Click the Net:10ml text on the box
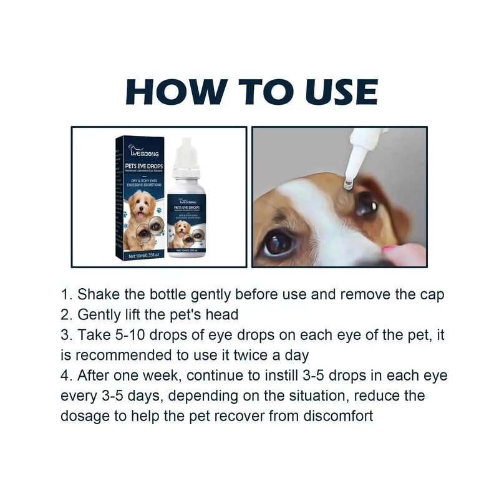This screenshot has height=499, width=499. point(136,256)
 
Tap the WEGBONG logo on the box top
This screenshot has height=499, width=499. point(145,150)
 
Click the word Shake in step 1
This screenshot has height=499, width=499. point(97,294)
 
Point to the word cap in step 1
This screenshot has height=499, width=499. point(430,294)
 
